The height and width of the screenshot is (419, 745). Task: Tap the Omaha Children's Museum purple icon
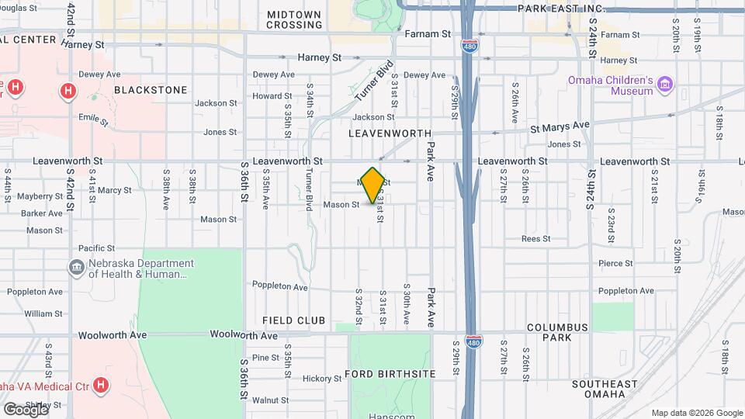coord(664,83)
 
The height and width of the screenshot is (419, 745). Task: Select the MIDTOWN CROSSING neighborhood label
coord(294,19)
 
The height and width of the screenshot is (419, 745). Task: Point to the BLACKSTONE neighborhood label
coord(151,90)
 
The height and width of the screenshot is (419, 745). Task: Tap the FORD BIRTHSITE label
coord(390,374)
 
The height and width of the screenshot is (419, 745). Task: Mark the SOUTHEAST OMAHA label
coord(609,389)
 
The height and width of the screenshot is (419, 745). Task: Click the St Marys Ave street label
coord(560,126)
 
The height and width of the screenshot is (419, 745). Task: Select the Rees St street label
coord(535,239)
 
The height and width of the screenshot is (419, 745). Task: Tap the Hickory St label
coord(317,379)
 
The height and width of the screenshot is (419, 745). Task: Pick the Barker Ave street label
coord(42,213)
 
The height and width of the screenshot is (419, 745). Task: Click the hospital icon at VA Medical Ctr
coord(101,384)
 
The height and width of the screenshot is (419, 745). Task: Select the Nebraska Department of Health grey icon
coord(77,268)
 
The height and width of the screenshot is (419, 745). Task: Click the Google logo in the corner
coord(26,409)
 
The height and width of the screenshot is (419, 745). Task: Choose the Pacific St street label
coord(97,248)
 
